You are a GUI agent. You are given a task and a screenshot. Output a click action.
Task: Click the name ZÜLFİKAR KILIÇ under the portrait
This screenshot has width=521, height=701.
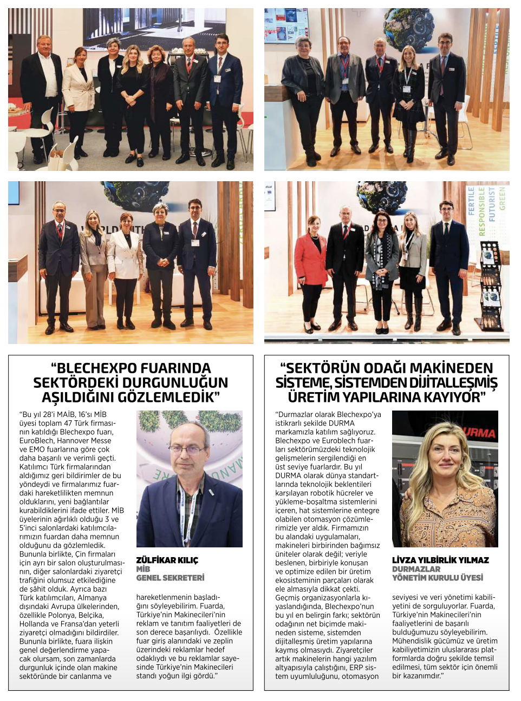(x=167, y=560)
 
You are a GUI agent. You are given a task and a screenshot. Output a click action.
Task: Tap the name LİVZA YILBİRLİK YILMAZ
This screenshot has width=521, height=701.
(x=440, y=560)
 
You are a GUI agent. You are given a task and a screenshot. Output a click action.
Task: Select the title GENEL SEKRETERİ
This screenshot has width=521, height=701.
(x=170, y=578)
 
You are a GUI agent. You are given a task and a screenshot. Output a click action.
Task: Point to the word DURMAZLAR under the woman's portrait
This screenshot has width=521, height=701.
(x=416, y=569)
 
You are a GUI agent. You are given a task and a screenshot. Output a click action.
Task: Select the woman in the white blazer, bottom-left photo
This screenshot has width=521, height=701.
(x=125, y=265)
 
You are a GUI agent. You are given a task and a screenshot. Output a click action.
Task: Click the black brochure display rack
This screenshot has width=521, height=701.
(x=491, y=287)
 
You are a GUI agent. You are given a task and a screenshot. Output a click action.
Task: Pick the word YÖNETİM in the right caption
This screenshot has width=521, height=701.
(x=409, y=578)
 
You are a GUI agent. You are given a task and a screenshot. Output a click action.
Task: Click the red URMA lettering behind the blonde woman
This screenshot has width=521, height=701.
(x=479, y=433)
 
